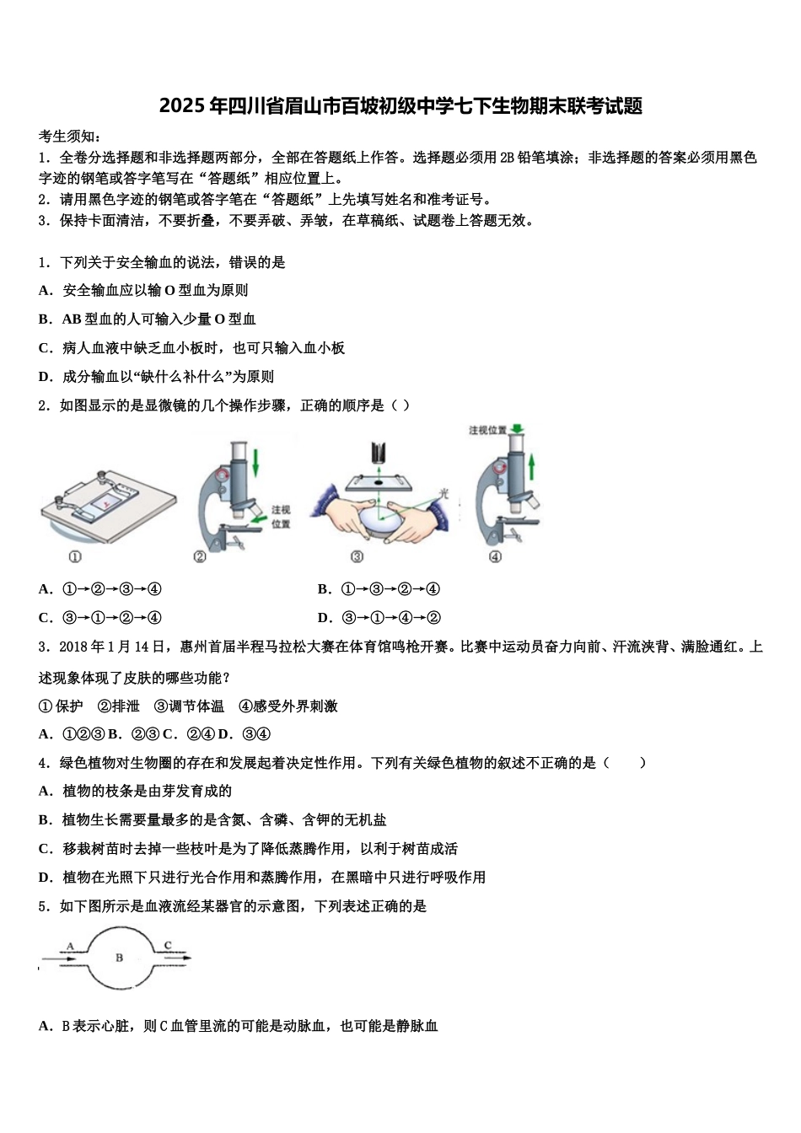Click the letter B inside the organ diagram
tap(119, 958)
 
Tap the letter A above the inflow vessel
tap(70, 945)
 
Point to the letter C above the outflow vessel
tap(168, 945)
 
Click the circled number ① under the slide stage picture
tap(74, 556)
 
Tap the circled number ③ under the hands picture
tap(357, 556)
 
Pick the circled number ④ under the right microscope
tap(495, 556)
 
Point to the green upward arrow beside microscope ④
tap(532, 466)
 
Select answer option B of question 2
tap(325, 589)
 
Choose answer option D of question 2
tap(325, 618)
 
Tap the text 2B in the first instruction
tap(507, 158)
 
